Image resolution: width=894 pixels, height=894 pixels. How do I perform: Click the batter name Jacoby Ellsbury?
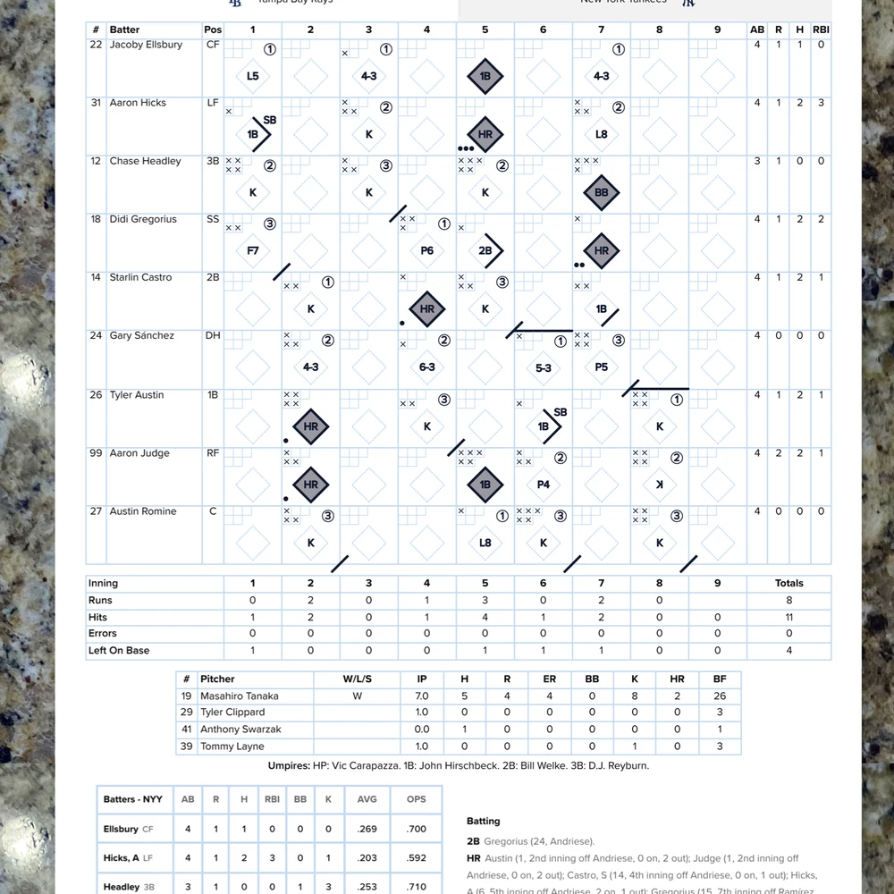click(x=146, y=45)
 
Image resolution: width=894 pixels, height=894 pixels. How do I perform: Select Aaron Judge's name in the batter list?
click(x=139, y=453)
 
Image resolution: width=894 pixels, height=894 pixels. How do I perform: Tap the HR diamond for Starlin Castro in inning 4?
click(x=427, y=308)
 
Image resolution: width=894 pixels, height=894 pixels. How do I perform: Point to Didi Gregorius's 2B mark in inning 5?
click(x=485, y=251)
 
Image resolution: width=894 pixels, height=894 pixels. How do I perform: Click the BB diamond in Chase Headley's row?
click(x=602, y=192)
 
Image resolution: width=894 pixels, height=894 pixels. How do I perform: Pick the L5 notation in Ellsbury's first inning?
click(x=253, y=76)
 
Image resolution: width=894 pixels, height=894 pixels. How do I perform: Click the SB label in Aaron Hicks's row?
click(x=270, y=120)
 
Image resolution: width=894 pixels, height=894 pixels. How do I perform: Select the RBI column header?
click(x=821, y=30)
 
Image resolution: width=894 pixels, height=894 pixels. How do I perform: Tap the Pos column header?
click(x=213, y=30)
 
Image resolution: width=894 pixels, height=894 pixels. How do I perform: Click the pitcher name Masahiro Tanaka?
click(x=240, y=696)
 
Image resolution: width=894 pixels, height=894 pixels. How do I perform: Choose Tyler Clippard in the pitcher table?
click(x=232, y=713)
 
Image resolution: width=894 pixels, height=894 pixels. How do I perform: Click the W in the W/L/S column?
click(x=357, y=696)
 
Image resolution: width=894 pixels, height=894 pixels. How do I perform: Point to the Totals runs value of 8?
click(x=789, y=601)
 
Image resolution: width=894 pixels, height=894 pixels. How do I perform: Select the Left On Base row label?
click(x=119, y=651)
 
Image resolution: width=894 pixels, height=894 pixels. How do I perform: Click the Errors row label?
click(x=103, y=634)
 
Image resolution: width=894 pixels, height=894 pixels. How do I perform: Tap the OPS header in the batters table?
click(x=417, y=799)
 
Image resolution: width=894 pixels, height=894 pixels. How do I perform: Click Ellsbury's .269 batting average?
click(x=367, y=829)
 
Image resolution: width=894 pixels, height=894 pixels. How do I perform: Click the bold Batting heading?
click(x=484, y=821)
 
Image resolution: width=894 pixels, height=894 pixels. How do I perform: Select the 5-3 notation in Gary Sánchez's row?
click(x=544, y=367)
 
